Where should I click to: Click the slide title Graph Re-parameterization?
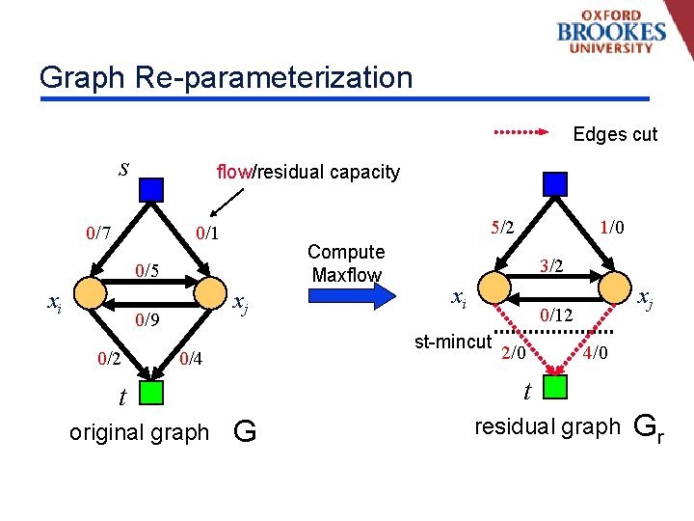pyautogui.click(x=226, y=77)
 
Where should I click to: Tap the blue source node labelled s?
pyautogui.click(x=150, y=187)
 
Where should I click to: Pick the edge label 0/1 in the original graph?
pyautogui.click(x=206, y=233)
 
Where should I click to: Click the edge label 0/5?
pyautogui.click(x=147, y=269)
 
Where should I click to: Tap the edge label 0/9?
pyautogui.click(x=147, y=319)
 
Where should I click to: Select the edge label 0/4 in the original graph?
pyautogui.click(x=191, y=360)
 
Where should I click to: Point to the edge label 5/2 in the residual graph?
pyautogui.click(x=502, y=229)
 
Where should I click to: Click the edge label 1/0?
pyautogui.click(x=611, y=228)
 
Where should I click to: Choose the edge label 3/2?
pyautogui.click(x=551, y=265)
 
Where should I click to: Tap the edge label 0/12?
pyautogui.click(x=556, y=315)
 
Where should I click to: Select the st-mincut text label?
pyautogui.click(x=452, y=342)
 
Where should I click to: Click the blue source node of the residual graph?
pyautogui.click(x=555, y=183)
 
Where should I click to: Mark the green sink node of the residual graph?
pyautogui.click(x=555, y=387)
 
